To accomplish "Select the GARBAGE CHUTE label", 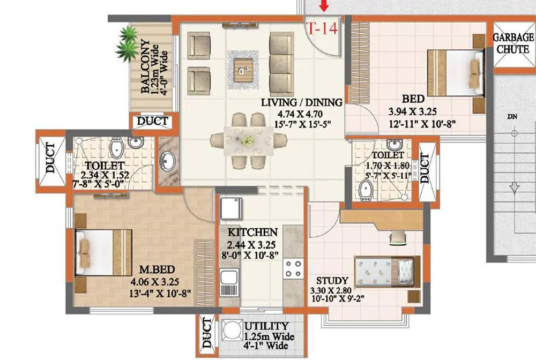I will (x=513, y=43).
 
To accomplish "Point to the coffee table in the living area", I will (x=246, y=67).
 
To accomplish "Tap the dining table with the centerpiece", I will (x=248, y=140).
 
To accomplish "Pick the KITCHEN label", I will (x=252, y=232).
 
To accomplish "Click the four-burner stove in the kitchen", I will (x=294, y=268).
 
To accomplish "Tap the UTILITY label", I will (x=267, y=326).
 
